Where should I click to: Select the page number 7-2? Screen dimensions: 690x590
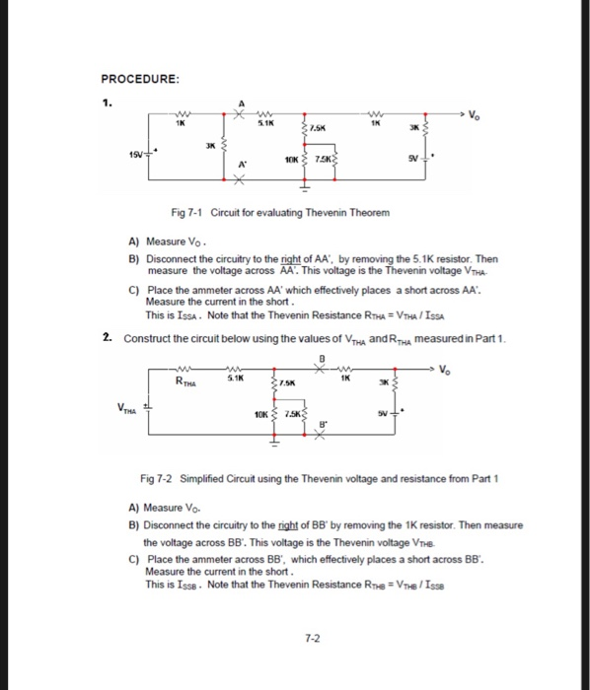tap(312, 638)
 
